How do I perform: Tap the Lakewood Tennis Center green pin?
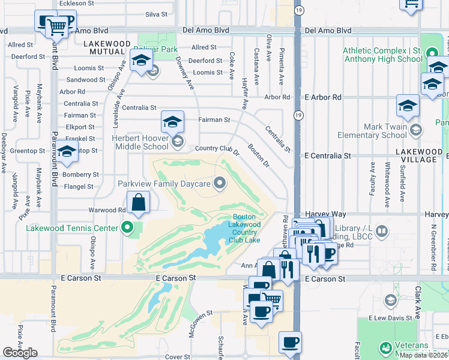tap(127, 227)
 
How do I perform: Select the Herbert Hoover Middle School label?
tap(132, 142)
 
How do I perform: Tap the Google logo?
tap(20, 353)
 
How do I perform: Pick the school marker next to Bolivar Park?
tap(141, 61)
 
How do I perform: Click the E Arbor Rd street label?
tap(323, 97)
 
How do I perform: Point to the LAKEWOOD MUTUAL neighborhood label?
tap(107, 48)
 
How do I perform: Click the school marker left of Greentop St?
tap(67, 151)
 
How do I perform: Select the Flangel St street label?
tap(79, 187)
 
